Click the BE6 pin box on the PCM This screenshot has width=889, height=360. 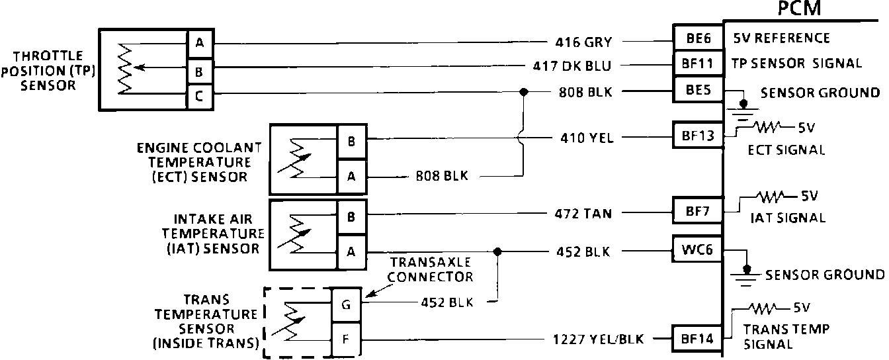click(698, 38)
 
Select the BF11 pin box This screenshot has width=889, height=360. click(698, 64)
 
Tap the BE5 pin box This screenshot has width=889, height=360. click(698, 90)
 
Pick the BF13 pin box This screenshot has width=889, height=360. click(698, 137)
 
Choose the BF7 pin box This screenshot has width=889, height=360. click(698, 212)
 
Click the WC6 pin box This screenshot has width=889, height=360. click(698, 251)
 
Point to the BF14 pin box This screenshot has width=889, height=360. click(698, 339)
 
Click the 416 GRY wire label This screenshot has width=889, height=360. click(583, 43)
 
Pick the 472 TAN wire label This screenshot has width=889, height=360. click(583, 213)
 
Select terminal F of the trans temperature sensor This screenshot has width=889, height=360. click(347, 339)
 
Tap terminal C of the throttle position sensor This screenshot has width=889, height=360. click(199, 97)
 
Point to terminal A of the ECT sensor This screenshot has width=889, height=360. click(351, 176)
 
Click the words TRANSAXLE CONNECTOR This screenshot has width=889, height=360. click(431, 269)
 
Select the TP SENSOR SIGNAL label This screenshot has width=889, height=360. click(797, 64)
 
